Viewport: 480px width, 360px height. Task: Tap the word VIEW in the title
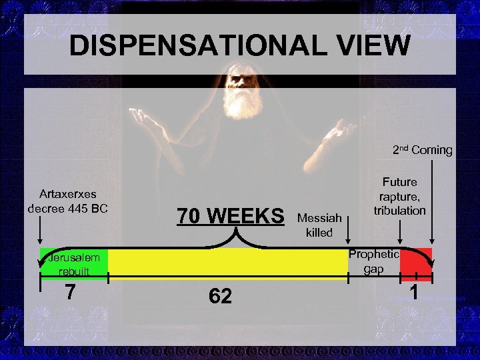click(371, 46)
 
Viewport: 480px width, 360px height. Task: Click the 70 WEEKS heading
click(230, 217)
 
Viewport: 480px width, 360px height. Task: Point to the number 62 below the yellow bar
click(220, 296)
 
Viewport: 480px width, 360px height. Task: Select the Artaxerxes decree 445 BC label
click(67, 201)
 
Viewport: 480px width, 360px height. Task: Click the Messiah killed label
click(319, 225)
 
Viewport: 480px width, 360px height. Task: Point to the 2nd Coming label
click(422, 150)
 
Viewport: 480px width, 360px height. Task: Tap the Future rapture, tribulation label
click(399, 196)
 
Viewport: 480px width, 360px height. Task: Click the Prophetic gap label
click(375, 261)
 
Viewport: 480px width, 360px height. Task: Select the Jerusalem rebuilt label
click(72, 264)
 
